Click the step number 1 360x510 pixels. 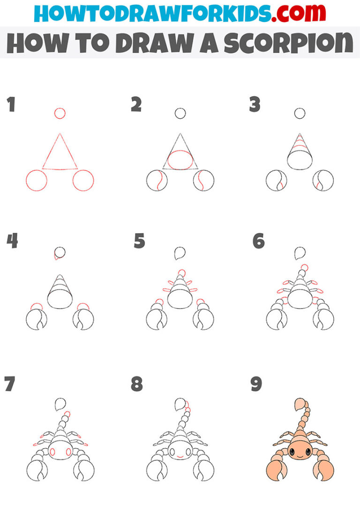tap(11, 105)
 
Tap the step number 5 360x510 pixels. tap(140, 241)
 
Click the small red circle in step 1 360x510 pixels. tap(60, 113)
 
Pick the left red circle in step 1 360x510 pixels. tap(36, 181)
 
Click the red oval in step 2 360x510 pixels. tap(180, 160)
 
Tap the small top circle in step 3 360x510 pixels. tap(300, 113)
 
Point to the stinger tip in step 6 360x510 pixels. tap(300, 253)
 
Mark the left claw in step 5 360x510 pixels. tap(156, 320)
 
